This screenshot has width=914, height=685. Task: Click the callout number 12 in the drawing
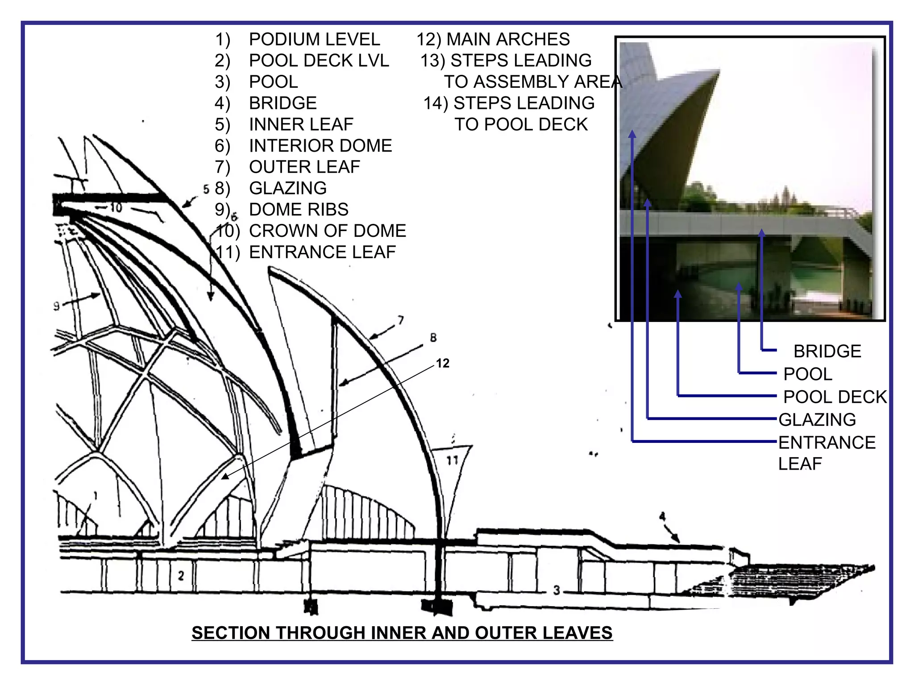(x=442, y=363)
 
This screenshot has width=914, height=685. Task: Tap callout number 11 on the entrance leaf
(x=453, y=460)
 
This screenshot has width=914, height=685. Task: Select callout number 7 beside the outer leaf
(x=400, y=320)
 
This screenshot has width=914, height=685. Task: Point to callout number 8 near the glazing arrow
(x=433, y=338)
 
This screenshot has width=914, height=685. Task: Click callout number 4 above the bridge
(x=662, y=516)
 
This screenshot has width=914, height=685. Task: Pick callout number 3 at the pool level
(x=557, y=590)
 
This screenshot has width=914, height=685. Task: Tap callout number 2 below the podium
(x=181, y=576)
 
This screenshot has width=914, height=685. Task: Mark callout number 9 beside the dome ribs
(x=56, y=306)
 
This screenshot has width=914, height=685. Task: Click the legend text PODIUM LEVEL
(x=314, y=39)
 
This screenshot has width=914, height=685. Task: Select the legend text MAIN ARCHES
(x=508, y=39)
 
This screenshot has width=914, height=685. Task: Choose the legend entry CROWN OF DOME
(x=327, y=231)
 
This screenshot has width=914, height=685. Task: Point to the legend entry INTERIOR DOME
(x=320, y=145)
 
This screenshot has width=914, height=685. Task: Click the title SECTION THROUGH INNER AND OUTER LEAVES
(x=402, y=633)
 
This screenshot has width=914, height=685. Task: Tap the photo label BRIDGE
(x=827, y=351)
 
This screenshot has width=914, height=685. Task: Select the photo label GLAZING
(x=817, y=420)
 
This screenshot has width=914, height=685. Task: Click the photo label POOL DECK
(x=835, y=397)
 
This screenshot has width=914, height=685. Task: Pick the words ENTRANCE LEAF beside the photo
(x=827, y=452)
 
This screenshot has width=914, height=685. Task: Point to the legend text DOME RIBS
(x=298, y=209)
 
